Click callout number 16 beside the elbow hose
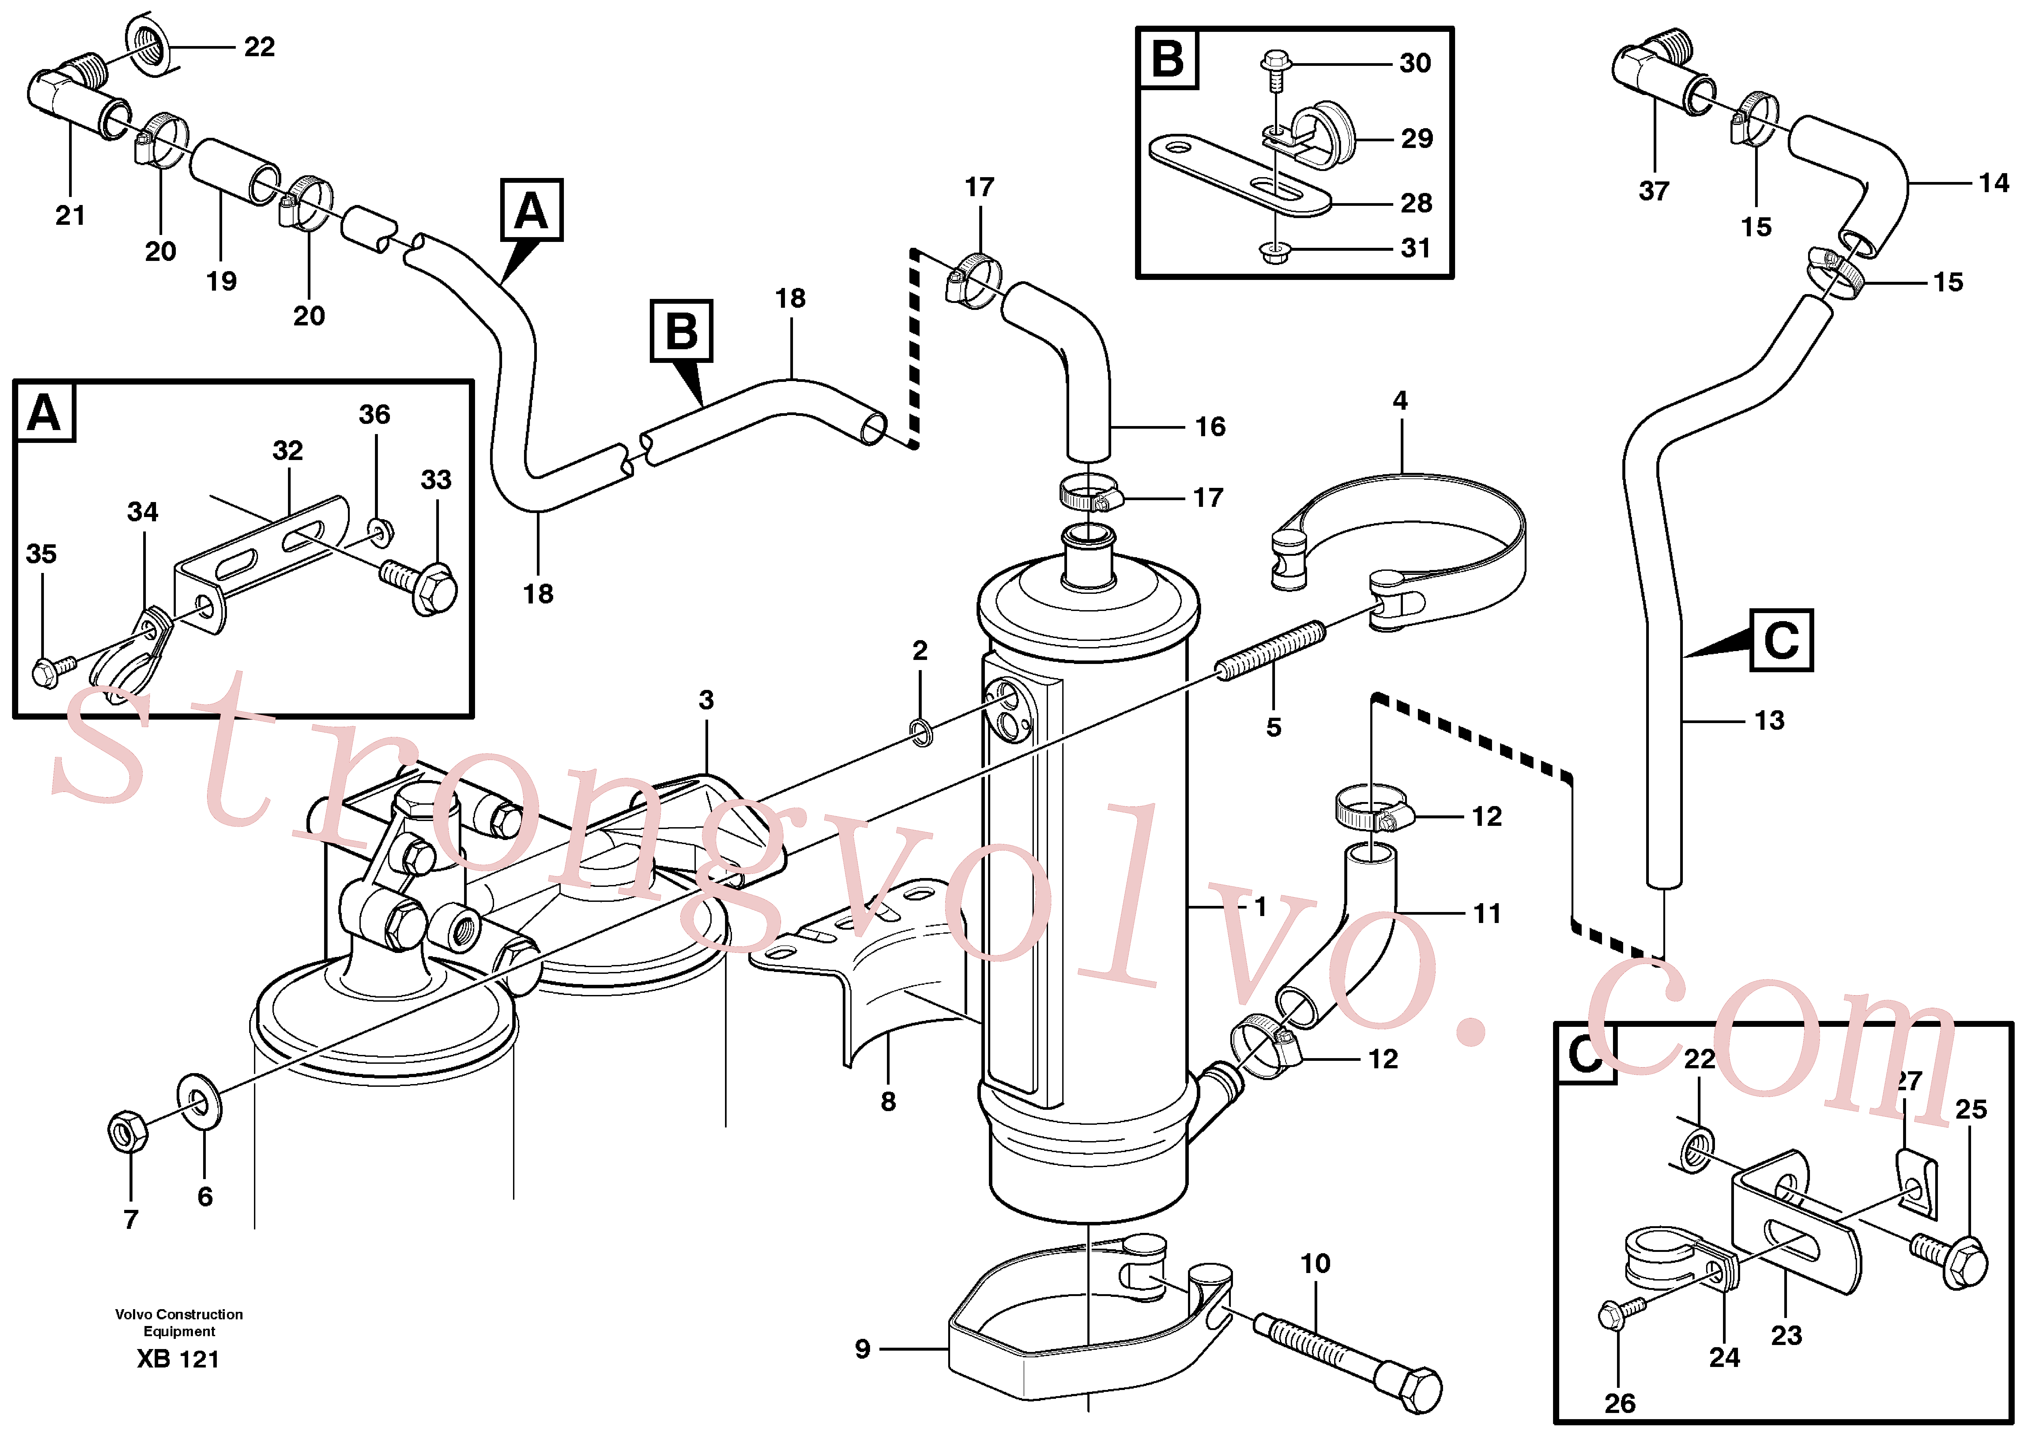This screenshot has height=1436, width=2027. coord(1210,427)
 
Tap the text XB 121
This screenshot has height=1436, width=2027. coord(178,1359)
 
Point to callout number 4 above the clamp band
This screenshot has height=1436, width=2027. coord(1400,401)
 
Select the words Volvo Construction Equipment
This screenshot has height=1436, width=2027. coord(179,1323)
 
